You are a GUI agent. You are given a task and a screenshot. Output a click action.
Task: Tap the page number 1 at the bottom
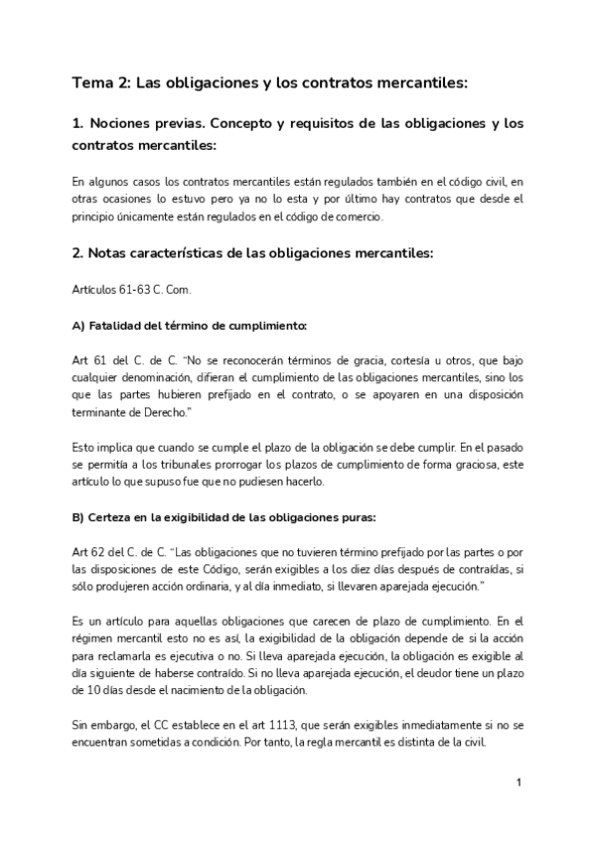click(x=520, y=783)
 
